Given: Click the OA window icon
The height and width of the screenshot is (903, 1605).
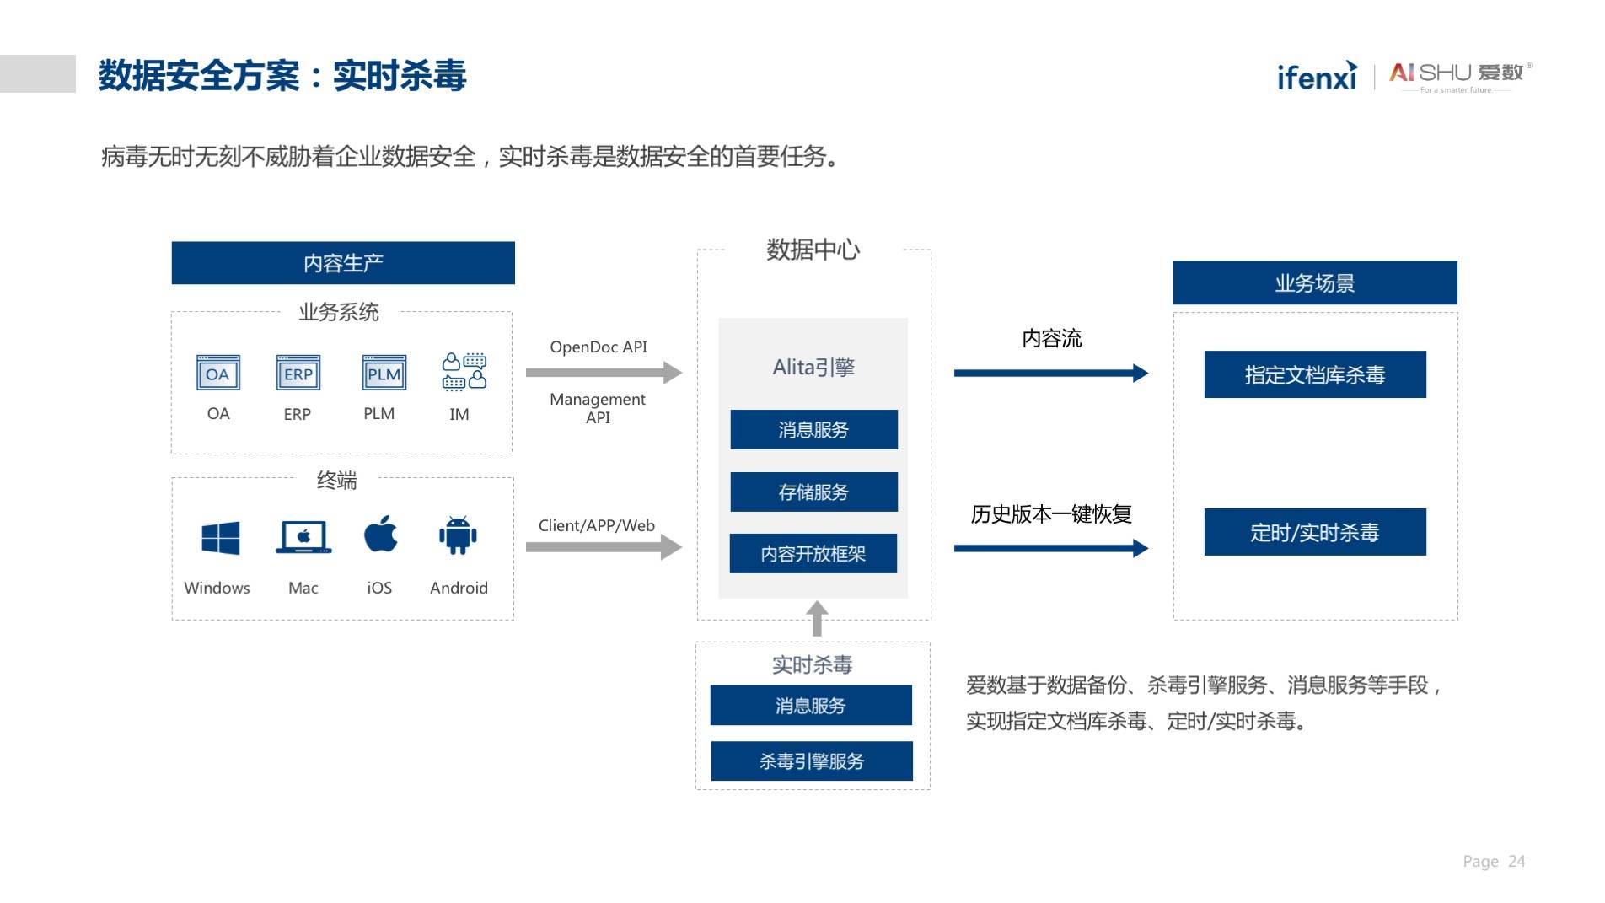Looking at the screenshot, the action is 218,373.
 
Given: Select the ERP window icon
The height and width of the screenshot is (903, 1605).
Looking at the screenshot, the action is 298,373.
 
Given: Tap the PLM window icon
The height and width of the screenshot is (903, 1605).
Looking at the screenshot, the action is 384,373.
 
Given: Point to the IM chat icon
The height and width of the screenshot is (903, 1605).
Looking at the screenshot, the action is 464,372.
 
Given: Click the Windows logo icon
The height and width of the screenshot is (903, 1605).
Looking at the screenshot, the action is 221,538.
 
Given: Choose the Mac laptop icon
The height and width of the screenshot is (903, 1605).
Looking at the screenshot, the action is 303,537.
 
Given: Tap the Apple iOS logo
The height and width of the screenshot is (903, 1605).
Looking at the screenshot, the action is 380,534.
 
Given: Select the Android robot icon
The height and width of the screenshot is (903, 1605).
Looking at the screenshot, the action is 458,535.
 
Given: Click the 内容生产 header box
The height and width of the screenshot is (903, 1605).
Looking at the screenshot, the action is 343,263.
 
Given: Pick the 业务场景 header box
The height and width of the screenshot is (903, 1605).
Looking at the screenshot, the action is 1315,282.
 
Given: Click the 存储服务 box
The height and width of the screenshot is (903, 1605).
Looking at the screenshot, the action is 813,492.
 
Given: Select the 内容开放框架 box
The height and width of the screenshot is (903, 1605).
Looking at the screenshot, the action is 813,553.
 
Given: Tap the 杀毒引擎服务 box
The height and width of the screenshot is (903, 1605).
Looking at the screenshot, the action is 812,761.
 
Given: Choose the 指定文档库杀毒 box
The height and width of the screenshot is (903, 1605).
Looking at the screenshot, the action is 1315,374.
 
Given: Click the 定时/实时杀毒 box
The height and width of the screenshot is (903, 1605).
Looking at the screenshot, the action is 1315,532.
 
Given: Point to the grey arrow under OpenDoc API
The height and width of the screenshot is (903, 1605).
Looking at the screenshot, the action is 604,372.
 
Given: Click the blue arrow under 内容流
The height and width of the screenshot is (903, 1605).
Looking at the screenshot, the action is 1051,373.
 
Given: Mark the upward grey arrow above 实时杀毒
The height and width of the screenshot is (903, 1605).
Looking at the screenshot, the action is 817,618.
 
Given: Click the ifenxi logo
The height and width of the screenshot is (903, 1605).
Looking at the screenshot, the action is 1317,76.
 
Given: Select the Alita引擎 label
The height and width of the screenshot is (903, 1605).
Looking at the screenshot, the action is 813,367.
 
